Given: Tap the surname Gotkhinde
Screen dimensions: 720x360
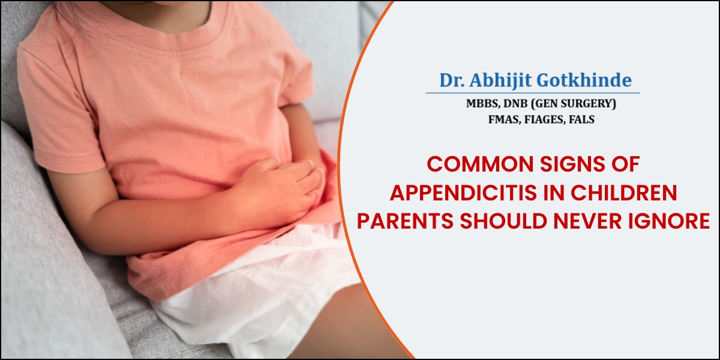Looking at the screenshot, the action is pos(584,80).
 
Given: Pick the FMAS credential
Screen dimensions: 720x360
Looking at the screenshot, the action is pos(505,119).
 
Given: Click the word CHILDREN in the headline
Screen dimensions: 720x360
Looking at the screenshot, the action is pos(624,193).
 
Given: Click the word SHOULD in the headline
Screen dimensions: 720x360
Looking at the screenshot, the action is pos(503,221).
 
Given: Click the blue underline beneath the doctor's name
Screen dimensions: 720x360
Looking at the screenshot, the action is pos(533,93).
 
